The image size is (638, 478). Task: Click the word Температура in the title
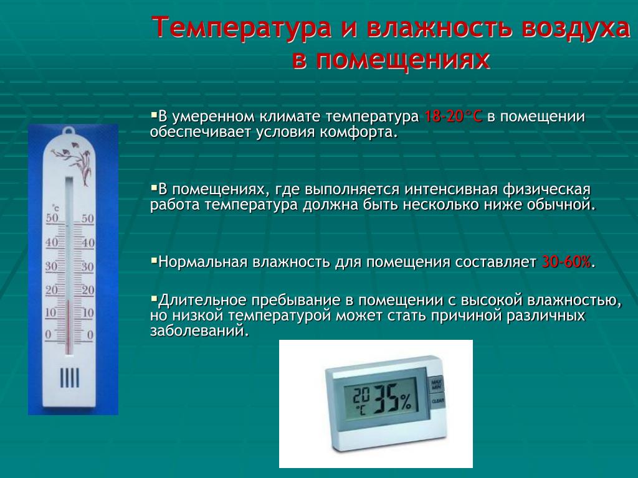(242, 27)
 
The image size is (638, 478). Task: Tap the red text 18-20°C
(454, 116)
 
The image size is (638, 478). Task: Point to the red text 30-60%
(566, 262)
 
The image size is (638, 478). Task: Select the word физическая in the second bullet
(546, 190)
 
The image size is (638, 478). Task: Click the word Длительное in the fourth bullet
(202, 301)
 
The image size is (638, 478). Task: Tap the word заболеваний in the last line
(199, 331)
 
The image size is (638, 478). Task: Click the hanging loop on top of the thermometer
(68, 131)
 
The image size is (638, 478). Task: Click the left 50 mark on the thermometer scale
(52, 218)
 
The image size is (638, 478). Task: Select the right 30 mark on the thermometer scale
(87, 267)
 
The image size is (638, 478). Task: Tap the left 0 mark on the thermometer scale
(49, 335)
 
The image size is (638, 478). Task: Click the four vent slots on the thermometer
(69, 378)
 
